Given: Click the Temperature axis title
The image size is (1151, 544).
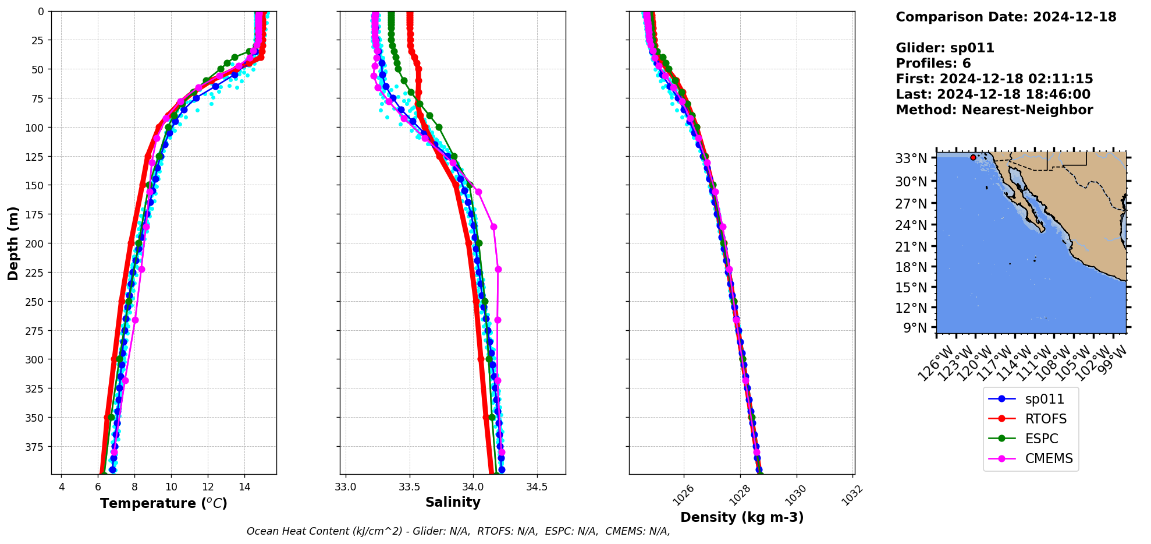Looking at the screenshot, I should tap(164, 503).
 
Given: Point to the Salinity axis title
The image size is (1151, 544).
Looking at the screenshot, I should tap(453, 502).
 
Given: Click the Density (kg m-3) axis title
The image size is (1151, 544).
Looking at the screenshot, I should tap(742, 517).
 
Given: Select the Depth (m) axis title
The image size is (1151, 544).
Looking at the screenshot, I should tap(13, 243).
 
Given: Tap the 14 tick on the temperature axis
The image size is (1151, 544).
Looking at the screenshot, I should tap(244, 487).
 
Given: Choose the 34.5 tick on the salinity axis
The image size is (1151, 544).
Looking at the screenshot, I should tap(537, 487).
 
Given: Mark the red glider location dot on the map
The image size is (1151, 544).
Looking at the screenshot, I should tap(973, 157).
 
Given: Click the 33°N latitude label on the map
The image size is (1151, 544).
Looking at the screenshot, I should tap(911, 158).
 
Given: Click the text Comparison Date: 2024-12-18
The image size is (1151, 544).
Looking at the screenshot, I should tap(1006, 17).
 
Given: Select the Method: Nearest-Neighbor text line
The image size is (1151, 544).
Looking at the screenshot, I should tap(994, 110).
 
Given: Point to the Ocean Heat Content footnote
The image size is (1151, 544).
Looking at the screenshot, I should tap(458, 531).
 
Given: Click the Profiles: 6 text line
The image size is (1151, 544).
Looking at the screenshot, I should tap(933, 63).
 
